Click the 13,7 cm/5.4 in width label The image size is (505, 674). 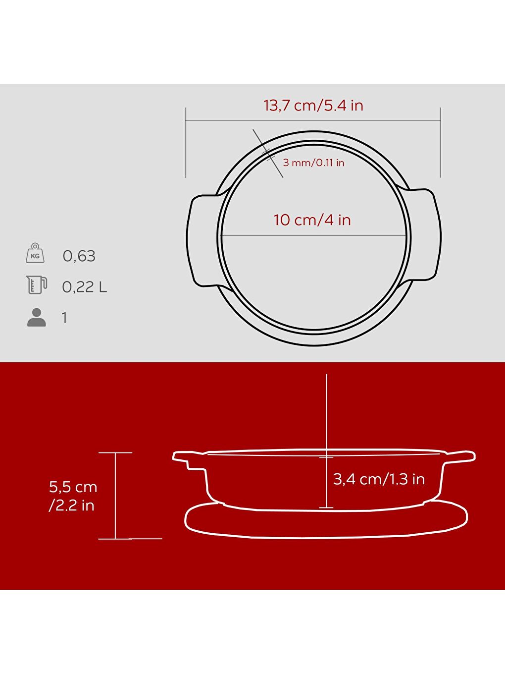point(313,106)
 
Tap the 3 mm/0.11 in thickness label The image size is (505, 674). point(313,163)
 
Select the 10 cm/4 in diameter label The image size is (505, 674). point(312,220)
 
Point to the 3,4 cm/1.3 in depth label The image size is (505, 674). point(379,479)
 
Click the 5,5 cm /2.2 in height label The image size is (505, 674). point(72,496)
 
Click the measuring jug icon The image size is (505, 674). point(36,285)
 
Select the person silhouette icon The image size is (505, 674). point(36,317)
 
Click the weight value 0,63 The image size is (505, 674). point(79,256)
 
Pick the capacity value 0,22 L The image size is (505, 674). point(84,287)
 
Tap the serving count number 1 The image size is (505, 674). point(64,318)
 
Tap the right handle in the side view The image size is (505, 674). point(460,456)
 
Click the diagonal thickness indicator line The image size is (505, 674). point(268,153)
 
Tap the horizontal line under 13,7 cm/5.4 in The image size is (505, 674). point(313,120)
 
